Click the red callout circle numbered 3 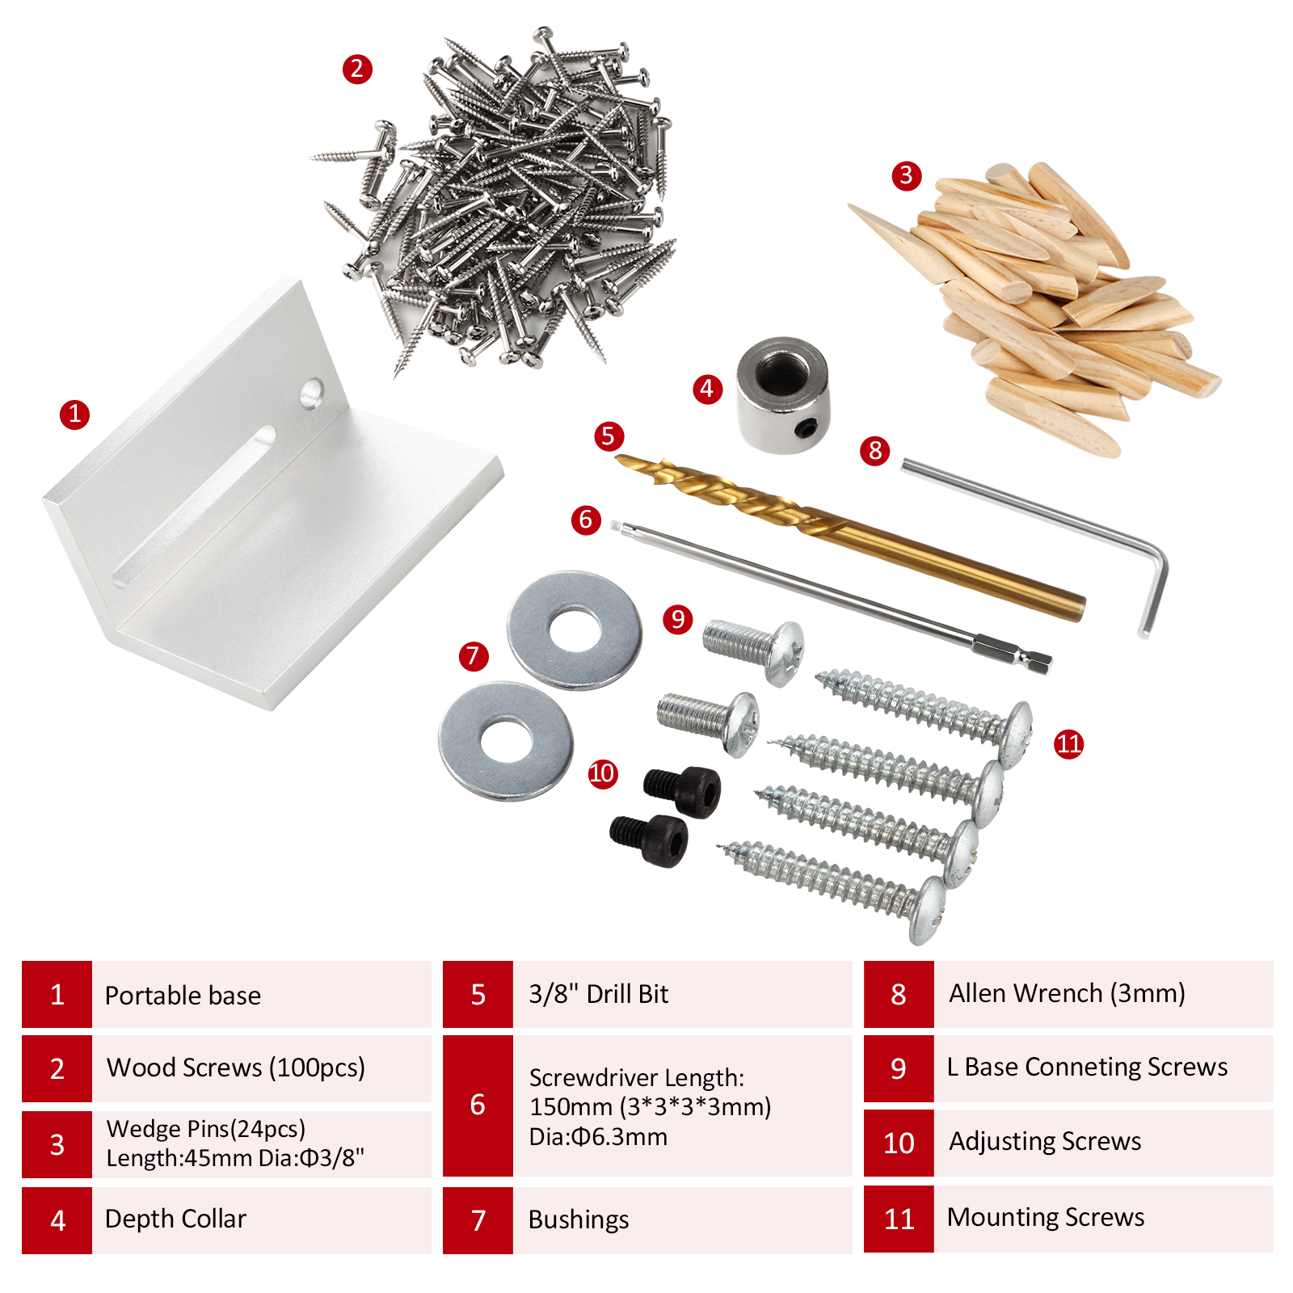pyautogui.click(x=907, y=175)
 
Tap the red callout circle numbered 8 pyautogui.click(x=874, y=450)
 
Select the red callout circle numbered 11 pyautogui.click(x=1068, y=743)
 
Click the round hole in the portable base pyautogui.click(x=312, y=394)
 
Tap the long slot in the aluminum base pyautogui.click(x=195, y=505)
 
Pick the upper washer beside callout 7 pyautogui.click(x=575, y=630)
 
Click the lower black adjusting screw pyautogui.click(x=649, y=841)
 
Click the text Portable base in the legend pyautogui.click(x=183, y=996)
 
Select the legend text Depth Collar pyautogui.click(x=175, y=1219)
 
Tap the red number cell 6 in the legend pyautogui.click(x=478, y=1106)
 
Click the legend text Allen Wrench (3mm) pyautogui.click(x=1067, y=993)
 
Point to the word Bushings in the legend pyautogui.click(x=579, y=1219)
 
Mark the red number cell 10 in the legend pyautogui.click(x=899, y=1143)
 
